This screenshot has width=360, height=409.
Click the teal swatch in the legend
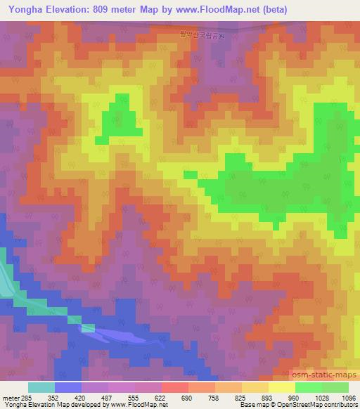(x=41, y=387)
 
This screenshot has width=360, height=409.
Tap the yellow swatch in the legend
(x=281, y=387)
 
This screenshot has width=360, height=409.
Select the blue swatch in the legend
(x=68, y=387)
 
